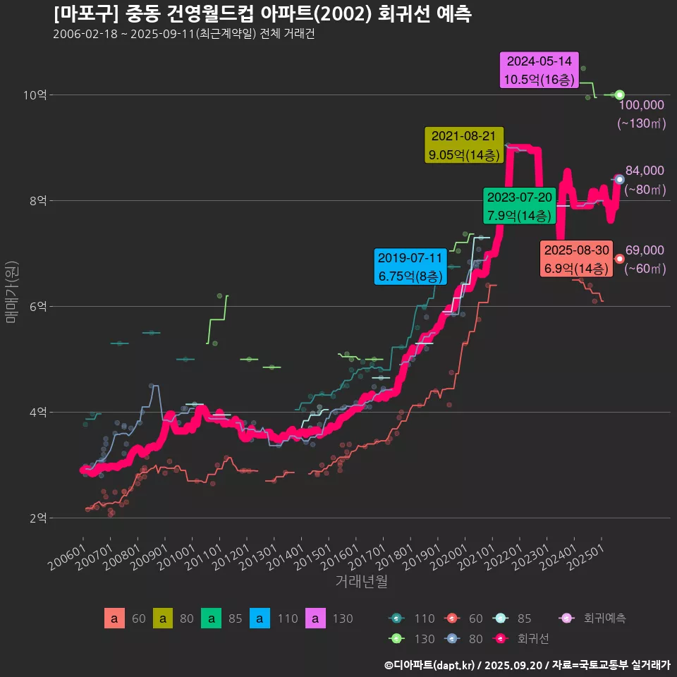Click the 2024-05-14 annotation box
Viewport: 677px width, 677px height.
point(539,71)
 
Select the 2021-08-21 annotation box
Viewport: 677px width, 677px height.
point(463,145)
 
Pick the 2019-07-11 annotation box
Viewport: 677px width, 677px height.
point(410,267)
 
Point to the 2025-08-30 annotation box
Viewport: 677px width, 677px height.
point(576,260)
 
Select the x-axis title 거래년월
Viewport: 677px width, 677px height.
point(361,581)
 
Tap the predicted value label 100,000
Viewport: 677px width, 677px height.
point(642,105)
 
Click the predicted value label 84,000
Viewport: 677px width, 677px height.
point(645,171)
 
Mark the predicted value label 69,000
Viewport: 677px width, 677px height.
point(645,250)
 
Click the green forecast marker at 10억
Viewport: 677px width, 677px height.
point(619,94)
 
